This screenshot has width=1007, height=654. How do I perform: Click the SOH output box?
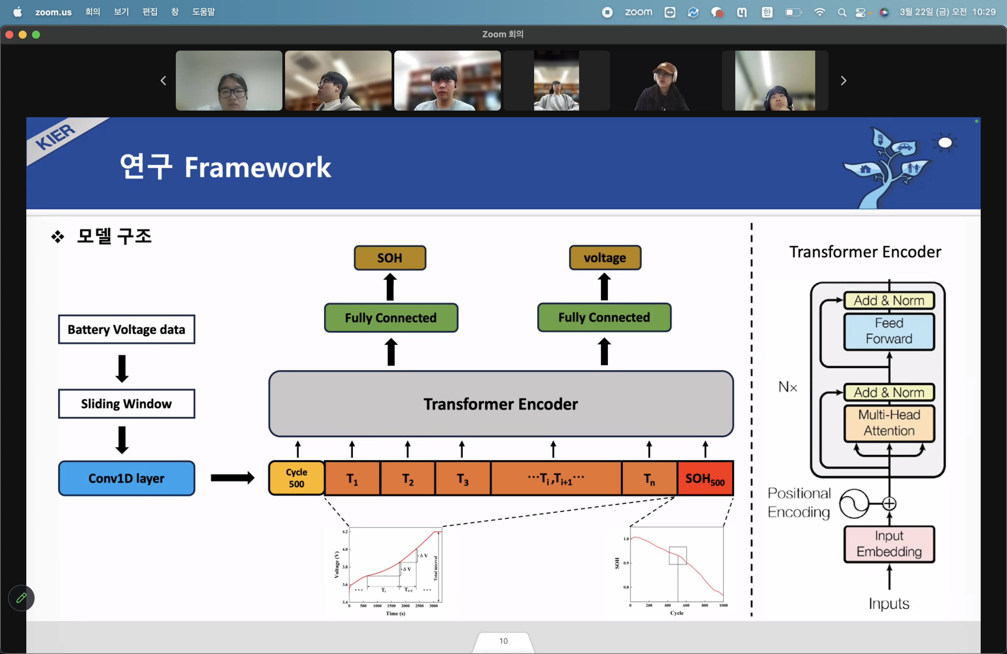coord(390,258)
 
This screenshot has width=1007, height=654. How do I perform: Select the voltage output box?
coord(605,258)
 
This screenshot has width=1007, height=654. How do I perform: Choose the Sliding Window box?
coord(127,404)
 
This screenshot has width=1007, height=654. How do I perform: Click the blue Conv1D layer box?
coord(127,478)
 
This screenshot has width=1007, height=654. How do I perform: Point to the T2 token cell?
coord(408,479)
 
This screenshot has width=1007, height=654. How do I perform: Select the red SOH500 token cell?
coord(705,479)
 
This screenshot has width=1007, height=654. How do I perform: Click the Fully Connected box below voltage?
coord(604,317)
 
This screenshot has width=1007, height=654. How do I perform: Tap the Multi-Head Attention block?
coord(889,423)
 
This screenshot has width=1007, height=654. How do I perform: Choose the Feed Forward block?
coord(889,331)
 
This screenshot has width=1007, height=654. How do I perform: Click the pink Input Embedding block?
coord(889,543)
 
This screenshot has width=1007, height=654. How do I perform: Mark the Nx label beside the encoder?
coord(788,387)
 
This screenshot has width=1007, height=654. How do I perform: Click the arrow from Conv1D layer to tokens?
coord(232,478)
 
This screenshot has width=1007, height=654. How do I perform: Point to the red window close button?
coord(9,35)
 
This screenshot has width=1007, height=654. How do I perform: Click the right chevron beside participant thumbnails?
coord(843,80)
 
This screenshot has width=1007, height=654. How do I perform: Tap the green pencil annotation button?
coord(21,598)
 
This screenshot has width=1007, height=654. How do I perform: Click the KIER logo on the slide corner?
coord(55,136)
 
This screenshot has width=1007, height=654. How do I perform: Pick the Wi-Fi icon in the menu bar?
coord(820,12)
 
